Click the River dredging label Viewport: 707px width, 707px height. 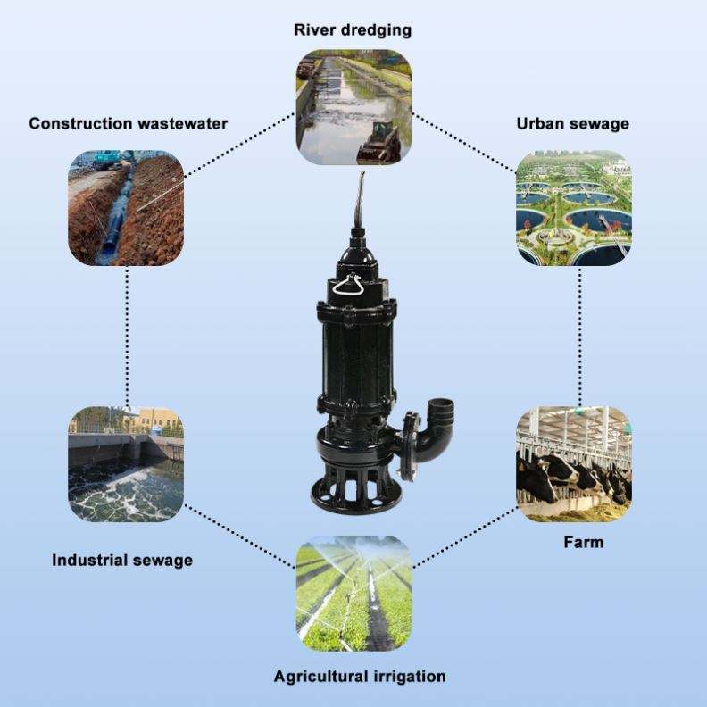tap(353, 30)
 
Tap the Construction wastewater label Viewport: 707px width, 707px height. tap(128, 123)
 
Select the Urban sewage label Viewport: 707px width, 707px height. tap(572, 123)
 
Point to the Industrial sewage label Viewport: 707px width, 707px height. tap(122, 560)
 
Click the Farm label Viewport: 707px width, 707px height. tap(584, 542)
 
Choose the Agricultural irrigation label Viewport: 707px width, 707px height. tap(360, 677)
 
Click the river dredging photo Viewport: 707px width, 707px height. tap(353, 107)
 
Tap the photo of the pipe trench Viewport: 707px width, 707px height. tap(126, 208)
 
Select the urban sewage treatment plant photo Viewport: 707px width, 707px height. tap(573, 208)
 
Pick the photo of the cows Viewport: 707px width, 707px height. tap(573, 464)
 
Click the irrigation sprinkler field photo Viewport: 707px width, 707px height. tap(353, 594)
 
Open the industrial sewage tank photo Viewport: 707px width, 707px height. tap(126, 464)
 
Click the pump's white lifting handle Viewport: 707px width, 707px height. tap(346, 286)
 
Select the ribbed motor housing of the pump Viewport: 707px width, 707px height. tap(356, 352)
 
